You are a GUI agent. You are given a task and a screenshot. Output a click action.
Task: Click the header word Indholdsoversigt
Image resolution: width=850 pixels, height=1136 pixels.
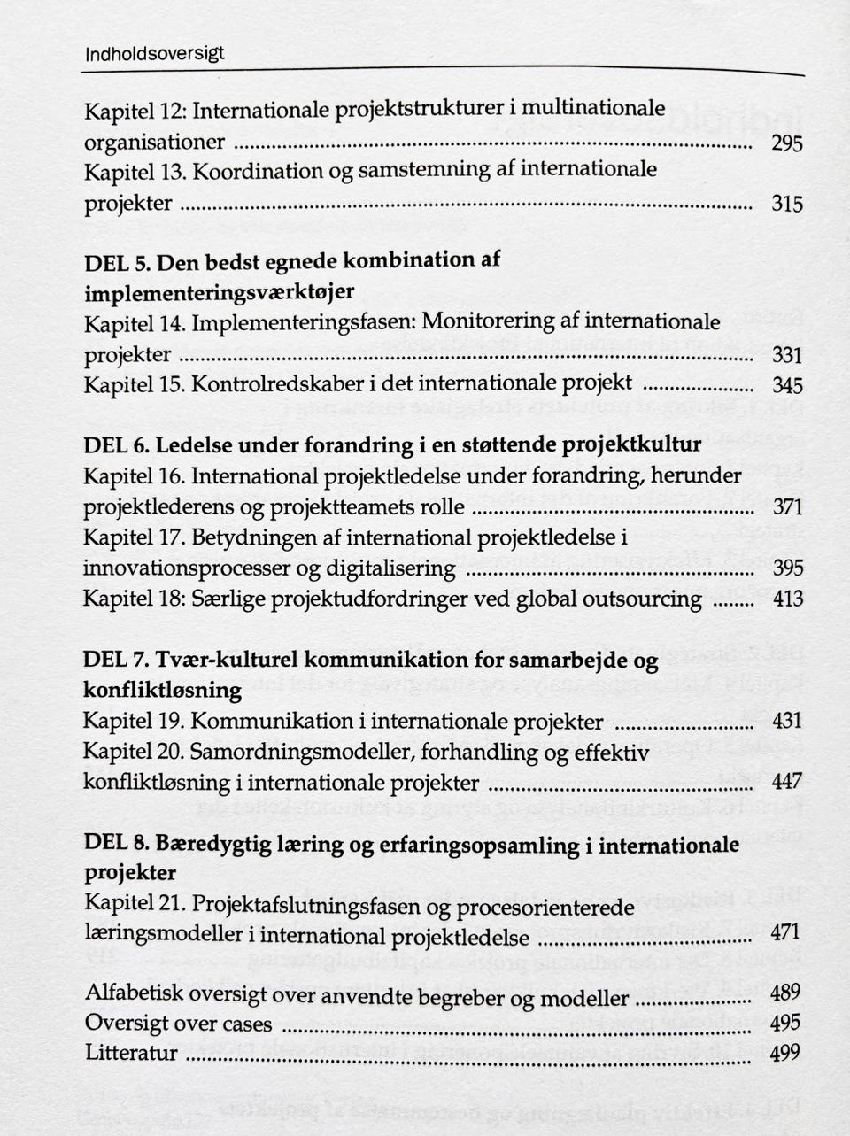[154, 54]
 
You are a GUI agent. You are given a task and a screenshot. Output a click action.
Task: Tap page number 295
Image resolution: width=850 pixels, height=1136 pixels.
[786, 143]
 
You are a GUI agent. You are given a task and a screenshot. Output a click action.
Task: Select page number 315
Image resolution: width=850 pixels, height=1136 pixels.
[786, 205]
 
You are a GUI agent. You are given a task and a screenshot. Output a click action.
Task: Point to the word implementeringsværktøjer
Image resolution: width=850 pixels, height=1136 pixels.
[220, 292]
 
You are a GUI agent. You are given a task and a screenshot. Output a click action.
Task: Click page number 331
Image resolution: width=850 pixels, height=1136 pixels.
[786, 355]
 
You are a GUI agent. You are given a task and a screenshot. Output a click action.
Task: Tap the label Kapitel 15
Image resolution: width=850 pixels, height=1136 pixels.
[133, 384]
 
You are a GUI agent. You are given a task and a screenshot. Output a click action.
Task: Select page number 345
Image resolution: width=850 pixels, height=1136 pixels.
[786, 385]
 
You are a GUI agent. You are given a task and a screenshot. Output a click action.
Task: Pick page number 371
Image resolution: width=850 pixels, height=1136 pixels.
[786, 507]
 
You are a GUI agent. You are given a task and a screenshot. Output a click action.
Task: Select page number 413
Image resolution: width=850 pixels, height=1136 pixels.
[786, 599]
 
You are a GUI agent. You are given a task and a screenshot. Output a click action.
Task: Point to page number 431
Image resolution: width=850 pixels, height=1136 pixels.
[786, 722]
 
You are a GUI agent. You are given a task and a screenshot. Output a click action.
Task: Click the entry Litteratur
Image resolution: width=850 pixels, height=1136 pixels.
[131, 1053]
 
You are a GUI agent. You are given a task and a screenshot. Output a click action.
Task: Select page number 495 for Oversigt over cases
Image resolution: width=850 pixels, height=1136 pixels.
[786, 1023]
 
